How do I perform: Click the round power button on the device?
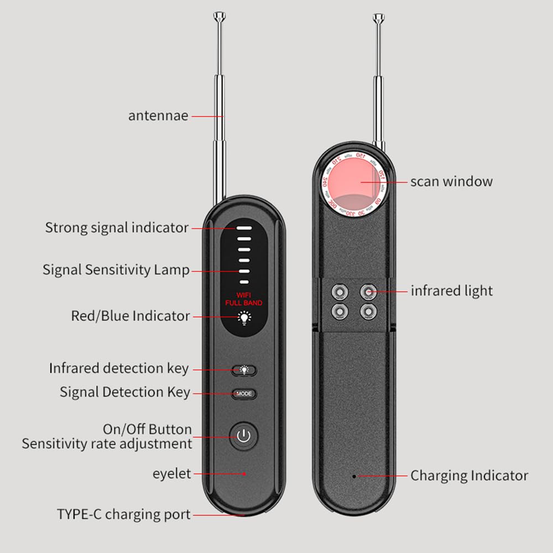pos(244,436)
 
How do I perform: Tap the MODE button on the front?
pos(244,394)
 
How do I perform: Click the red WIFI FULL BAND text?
pos(243,299)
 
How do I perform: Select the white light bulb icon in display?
pos(243,317)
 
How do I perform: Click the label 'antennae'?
pos(158,116)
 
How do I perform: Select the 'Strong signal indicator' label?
pos(117,228)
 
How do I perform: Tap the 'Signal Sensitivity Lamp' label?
pos(116,270)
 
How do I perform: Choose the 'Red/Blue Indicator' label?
pos(131,316)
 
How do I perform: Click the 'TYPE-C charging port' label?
pos(124,514)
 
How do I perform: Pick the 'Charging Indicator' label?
pos(469,476)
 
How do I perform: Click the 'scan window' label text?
pos(451,181)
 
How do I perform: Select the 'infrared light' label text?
pos(451,291)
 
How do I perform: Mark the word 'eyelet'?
pos(171,474)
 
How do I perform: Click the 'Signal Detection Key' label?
pos(125,393)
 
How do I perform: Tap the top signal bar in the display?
pos(244,228)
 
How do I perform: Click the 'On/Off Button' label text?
pos(147,430)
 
